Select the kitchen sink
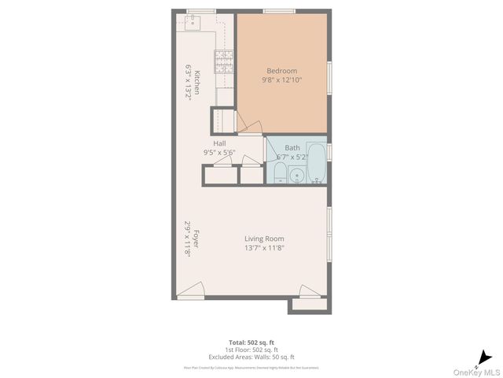193,22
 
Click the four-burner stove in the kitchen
225,61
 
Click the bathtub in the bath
317,163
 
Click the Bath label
292,147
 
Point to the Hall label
219,143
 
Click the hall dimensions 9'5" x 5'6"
219,152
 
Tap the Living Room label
264,239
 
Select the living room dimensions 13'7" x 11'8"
264,248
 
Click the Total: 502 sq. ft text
251,343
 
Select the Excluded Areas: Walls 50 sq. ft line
251,357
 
